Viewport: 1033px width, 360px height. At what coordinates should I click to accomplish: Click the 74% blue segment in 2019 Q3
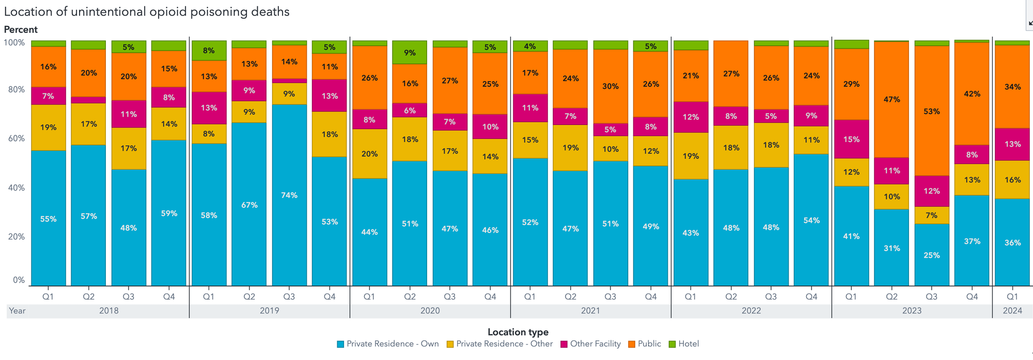coord(289,195)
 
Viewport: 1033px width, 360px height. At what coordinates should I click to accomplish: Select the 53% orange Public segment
coord(932,111)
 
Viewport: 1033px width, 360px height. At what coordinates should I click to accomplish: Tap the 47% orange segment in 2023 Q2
coord(891,99)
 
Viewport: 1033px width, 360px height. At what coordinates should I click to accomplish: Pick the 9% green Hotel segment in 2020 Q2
coord(410,52)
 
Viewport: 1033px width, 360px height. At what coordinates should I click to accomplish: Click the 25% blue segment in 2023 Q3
coord(932,255)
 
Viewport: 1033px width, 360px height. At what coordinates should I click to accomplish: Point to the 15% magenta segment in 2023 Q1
coord(851,139)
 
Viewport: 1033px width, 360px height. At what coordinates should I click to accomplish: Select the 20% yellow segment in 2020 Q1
coord(369,153)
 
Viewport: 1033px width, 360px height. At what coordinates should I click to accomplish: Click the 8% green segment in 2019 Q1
coord(209,51)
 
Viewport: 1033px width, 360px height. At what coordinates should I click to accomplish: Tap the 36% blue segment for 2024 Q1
coord(1012,242)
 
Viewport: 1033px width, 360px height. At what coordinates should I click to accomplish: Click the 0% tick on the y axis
coord(19,280)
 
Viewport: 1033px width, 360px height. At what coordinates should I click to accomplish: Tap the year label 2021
coord(590,310)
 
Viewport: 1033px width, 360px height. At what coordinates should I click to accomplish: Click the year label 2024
coord(1012,310)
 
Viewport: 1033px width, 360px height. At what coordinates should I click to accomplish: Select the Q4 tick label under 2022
coord(811,296)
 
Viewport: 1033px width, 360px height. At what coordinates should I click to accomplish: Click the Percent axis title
coord(21,29)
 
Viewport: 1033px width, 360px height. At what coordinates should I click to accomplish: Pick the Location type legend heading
coord(518,332)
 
